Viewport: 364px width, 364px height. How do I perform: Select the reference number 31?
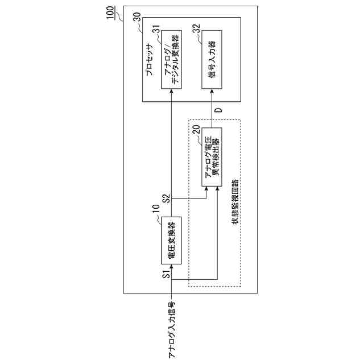click(156, 29)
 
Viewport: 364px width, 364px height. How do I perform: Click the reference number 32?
click(197, 29)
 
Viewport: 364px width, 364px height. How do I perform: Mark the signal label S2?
click(166, 199)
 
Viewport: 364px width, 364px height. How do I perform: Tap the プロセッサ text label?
click(149, 60)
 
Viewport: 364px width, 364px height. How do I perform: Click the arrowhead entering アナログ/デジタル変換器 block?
click(172, 91)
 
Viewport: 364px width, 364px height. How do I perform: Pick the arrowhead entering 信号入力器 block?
click(213, 91)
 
